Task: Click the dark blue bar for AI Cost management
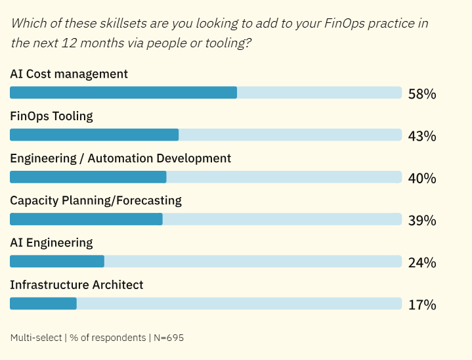pos(123,93)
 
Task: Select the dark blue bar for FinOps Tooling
pos(95,135)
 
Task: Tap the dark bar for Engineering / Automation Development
pos(88,177)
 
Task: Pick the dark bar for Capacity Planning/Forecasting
pos(86,219)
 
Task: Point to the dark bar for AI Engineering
pos(57,261)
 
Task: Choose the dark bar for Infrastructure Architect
pos(43,303)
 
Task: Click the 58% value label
pos(421,94)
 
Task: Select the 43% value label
pos(421,136)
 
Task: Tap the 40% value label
pos(421,178)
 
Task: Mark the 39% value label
pos(421,220)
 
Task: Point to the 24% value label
pos(421,263)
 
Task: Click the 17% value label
pos(421,305)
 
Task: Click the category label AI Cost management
pos(69,74)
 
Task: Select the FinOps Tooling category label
pos(52,116)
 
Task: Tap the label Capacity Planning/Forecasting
pos(96,200)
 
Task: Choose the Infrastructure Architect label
pos(77,284)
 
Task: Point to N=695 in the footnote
pos(169,338)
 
